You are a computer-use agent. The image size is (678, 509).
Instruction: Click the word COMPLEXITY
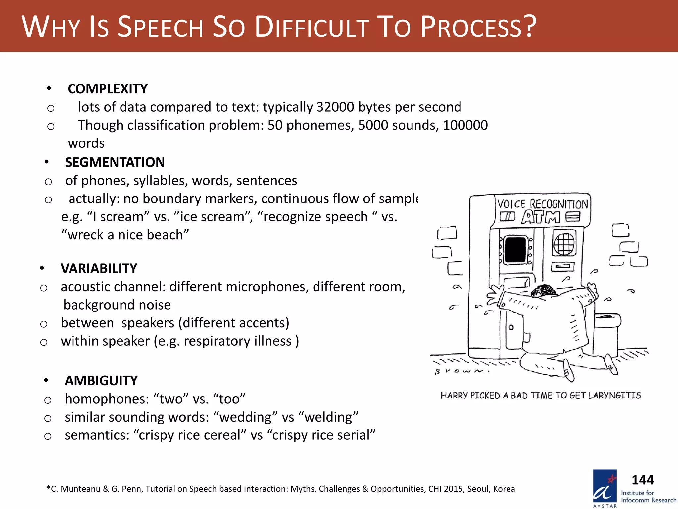[108, 89]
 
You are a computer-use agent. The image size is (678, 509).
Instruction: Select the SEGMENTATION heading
[115, 162]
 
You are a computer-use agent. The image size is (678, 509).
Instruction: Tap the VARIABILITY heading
[99, 268]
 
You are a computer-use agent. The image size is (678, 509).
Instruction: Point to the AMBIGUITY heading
[101, 381]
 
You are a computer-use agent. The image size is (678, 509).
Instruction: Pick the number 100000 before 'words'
[465, 125]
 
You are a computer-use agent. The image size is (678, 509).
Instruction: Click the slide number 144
[643, 480]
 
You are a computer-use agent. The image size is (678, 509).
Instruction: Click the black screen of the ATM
[515, 249]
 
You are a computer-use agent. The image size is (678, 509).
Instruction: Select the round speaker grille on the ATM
[564, 244]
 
